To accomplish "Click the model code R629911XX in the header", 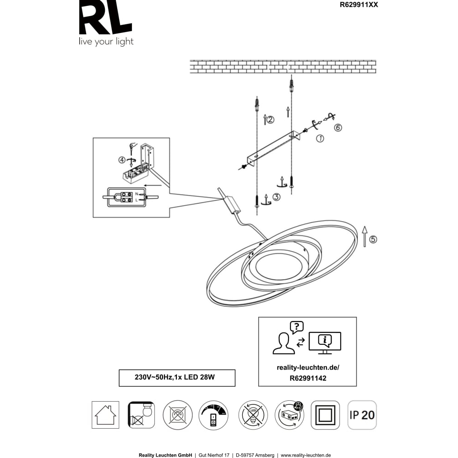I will pos(359,5).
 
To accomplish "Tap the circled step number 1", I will pos(320,138).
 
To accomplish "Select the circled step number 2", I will pos(271,120).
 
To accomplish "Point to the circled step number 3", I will pos(277,197).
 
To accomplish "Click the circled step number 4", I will pos(122,160).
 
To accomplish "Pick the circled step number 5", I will pos(373,239).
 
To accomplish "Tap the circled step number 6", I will pos(338,128).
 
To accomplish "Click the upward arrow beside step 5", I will pos(365,236).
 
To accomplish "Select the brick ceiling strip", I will pos(283,66).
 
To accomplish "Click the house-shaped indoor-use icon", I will pos(105,415).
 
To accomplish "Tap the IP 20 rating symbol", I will pos(362,415).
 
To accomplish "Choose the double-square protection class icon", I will pos(325,415).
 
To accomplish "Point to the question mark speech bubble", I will pos(297,327).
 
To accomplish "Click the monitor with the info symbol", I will pos(325,342).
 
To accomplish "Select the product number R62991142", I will pos(308,379).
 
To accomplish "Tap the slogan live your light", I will pos(106,42).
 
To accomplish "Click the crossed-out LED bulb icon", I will pos(253,415).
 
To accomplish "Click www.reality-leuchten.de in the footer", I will pos(305,455).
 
